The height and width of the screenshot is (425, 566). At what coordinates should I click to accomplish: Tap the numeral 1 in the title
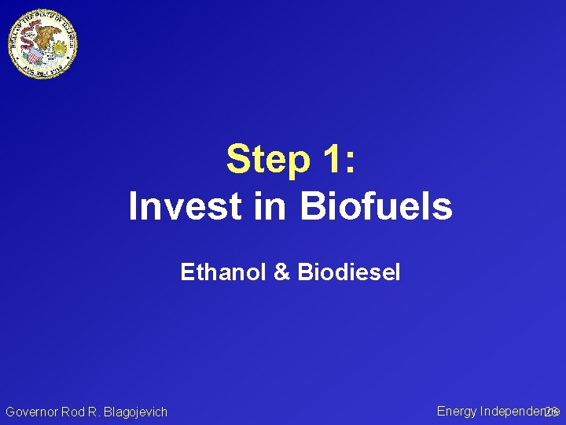point(329,160)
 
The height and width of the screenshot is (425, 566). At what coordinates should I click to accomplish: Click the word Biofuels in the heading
point(375,207)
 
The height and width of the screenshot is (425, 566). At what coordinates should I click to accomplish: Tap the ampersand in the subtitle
point(281,272)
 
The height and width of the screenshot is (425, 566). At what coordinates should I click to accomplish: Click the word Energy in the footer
point(457,411)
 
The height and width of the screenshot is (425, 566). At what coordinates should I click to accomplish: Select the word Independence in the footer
point(515,411)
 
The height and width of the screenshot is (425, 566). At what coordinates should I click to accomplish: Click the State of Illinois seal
point(43,44)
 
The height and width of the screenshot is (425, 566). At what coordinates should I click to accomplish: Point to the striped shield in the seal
point(33,54)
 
